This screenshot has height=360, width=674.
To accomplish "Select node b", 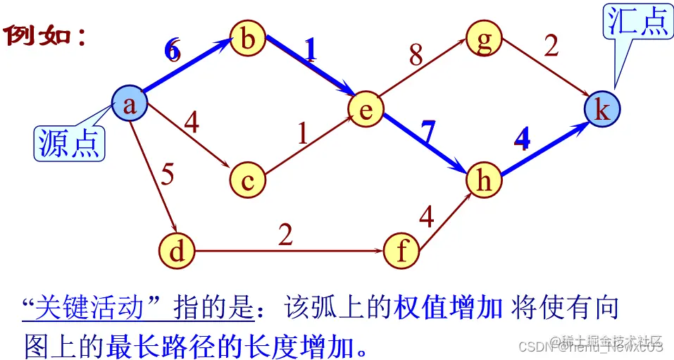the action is [x=247, y=39].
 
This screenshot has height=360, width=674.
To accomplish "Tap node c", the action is [x=247, y=180].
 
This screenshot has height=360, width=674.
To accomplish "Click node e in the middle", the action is [x=366, y=109].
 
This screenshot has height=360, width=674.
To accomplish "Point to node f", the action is [x=401, y=251].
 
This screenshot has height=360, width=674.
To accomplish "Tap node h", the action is [x=484, y=180].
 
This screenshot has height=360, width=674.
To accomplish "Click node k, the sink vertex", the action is [x=602, y=109].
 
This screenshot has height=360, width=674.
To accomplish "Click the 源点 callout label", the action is [x=69, y=143].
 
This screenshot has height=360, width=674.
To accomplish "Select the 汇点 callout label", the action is [x=638, y=21].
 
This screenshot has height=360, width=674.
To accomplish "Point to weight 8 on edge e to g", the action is [x=416, y=56].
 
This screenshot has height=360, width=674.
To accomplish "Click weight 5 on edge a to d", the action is [x=167, y=175].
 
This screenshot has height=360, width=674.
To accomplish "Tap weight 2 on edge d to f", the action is [x=285, y=235].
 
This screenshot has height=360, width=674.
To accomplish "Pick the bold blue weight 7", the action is [x=428, y=131].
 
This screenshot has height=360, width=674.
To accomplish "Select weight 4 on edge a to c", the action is [x=191, y=123].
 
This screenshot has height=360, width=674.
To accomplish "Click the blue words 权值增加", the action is [x=447, y=308].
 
